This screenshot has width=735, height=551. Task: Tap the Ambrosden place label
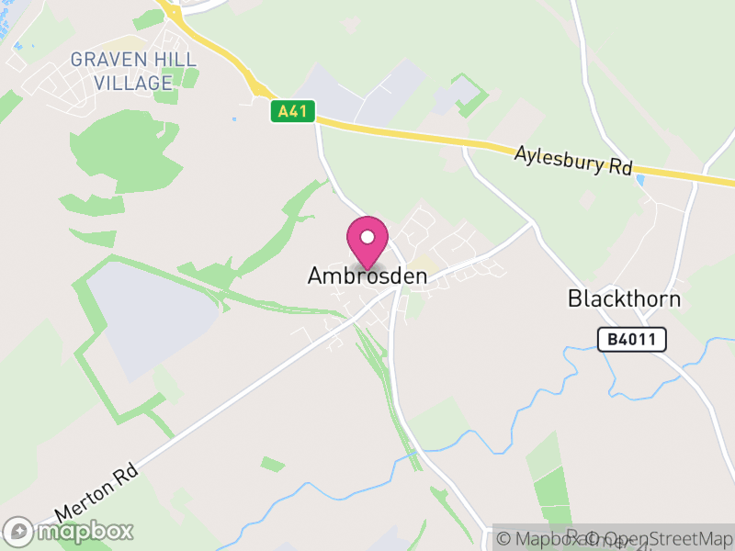pos(367,275)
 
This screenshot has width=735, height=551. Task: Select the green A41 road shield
pos(293,112)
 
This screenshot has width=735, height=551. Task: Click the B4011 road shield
pos(631,340)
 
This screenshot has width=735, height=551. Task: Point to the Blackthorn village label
pos(624,299)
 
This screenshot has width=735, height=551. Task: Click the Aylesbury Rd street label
pos(574,160)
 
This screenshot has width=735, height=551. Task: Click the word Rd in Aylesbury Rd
pos(620,168)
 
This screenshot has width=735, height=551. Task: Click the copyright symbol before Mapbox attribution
pos(504,539)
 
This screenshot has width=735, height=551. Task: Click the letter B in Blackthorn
pos(574,299)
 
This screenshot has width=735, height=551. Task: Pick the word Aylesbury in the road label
pos(560,157)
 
